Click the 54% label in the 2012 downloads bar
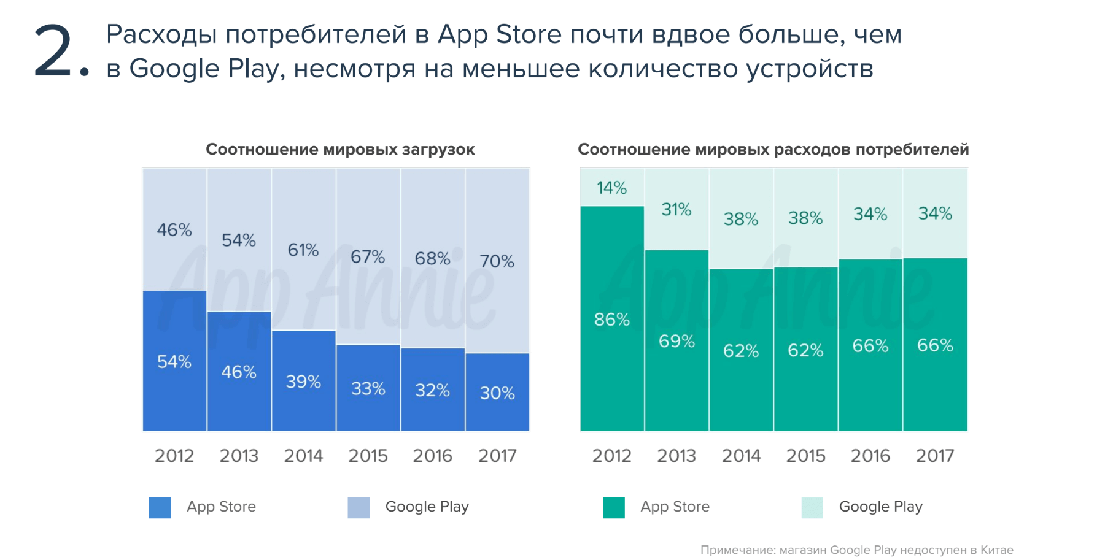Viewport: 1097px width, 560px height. (x=174, y=362)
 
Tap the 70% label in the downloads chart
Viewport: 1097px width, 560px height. (x=497, y=261)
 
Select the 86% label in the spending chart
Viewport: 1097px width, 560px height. (x=611, y=320)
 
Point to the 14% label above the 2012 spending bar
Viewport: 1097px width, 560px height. (x=611, y=188)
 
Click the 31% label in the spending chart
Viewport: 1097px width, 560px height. (x=676, y=210)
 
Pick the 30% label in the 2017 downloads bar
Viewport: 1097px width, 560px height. (x=497, y=393)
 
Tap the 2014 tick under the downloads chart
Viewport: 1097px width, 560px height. (x=303, y=456)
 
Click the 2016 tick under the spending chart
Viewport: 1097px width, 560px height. (x=870, y=456)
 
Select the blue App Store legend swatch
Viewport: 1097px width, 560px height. (x=160, y=507)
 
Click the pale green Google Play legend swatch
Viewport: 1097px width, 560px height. (x=812, y=507)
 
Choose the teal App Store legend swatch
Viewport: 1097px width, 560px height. (x=613, y=507)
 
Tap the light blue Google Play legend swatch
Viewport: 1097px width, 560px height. (x=359, y=507)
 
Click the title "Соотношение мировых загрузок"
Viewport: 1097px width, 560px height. (x=340, y=149)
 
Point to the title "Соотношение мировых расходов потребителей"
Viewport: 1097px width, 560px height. (x=773, y=149)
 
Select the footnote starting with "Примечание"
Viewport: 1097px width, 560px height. (x=856, y=550)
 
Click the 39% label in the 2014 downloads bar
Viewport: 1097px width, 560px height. (x=303, y=382)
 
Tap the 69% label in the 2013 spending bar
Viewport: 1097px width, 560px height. (x=676, y=341)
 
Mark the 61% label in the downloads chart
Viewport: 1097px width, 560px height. (x=303, y=250)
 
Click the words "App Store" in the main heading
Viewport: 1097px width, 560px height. (x=499, y=34)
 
